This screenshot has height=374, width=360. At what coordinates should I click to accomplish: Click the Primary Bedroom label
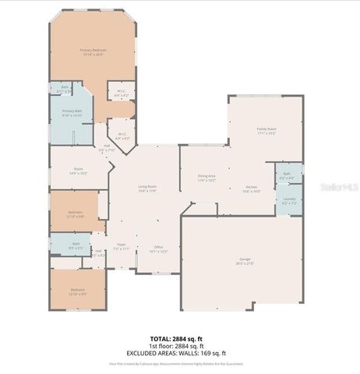point(94,51)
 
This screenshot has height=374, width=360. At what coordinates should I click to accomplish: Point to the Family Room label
point(267,131)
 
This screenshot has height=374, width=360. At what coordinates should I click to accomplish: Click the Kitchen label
point(252,189)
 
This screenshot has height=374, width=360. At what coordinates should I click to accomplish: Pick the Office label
point(157,249)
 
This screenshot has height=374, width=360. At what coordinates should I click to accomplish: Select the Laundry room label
point(288,201)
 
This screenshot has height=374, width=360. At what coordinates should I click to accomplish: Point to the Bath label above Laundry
point(287,175)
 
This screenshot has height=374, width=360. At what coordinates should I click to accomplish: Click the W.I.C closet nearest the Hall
point(122,136)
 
